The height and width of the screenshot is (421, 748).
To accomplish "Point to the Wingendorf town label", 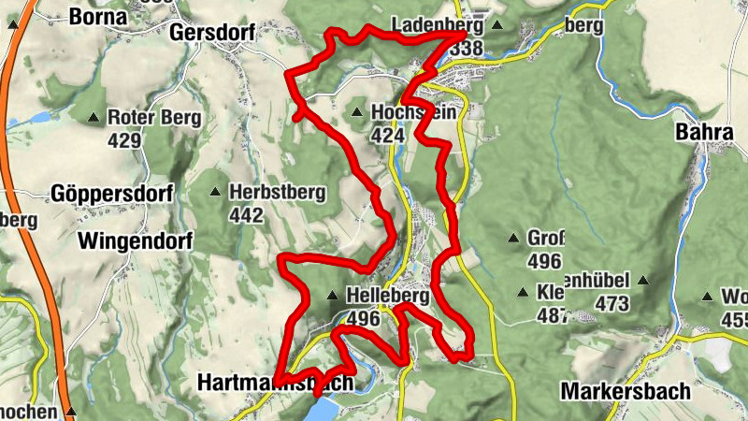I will point(136,241).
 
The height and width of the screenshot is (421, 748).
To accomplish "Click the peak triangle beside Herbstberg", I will point(216,193).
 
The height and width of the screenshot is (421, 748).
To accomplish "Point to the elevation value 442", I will point(246,215).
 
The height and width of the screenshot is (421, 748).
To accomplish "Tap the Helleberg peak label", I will point(387,296).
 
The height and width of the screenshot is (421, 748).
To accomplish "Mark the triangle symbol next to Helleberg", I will point(332,296).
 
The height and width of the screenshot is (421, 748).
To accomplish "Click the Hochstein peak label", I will point(413,112).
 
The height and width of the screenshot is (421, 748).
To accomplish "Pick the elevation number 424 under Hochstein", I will point(387,135).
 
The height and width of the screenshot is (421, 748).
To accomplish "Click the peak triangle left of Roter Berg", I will point(93,118).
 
